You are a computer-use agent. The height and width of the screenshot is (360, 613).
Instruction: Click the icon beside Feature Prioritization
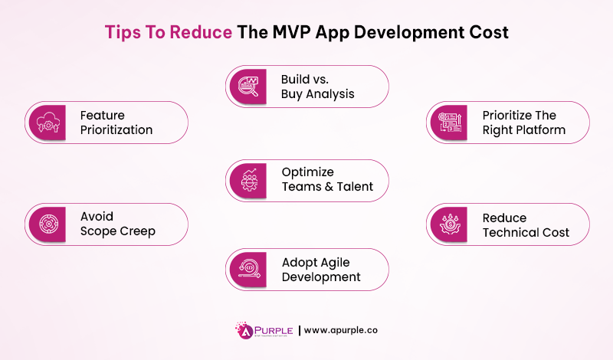47,123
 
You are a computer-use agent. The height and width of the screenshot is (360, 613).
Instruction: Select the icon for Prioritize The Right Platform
448,123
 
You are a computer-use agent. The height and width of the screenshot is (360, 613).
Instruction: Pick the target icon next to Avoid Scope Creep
47,224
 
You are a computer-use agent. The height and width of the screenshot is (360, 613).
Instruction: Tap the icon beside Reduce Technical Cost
448,224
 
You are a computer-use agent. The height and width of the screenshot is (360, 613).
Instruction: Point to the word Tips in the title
121,33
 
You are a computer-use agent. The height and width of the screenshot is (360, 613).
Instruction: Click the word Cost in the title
486,33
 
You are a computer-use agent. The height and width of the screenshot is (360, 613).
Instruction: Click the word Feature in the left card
103,116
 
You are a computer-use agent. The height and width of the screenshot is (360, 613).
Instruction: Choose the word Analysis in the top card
333,94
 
